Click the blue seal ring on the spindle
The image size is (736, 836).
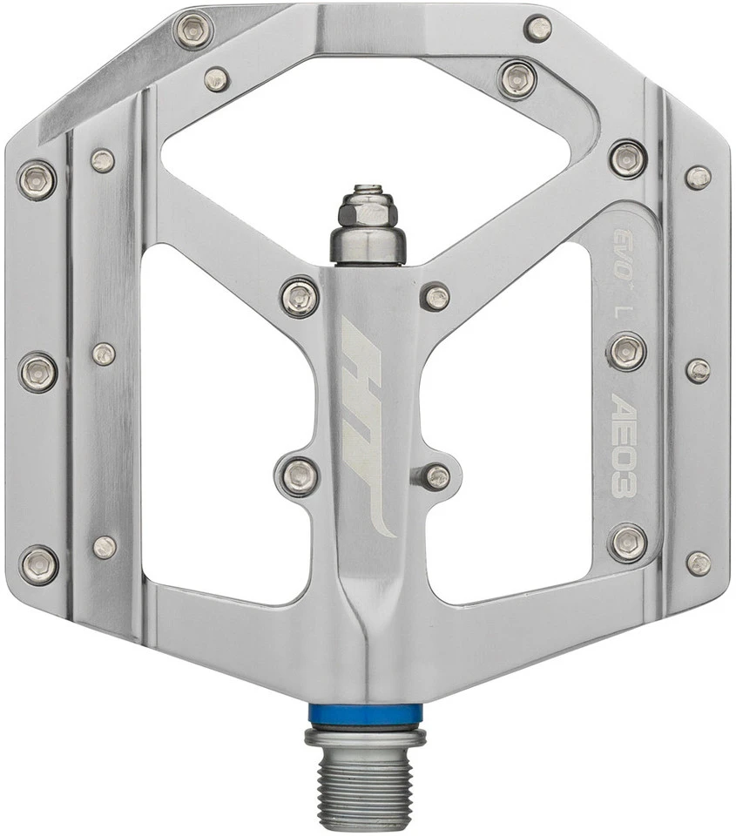click(365, 713)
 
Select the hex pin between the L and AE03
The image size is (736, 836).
click(626, 351)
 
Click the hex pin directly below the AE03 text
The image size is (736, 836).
click(627, 543)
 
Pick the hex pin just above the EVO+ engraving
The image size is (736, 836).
click(627, 158)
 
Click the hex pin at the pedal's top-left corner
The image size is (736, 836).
click(193, 31)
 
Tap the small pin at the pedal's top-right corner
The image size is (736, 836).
click(538, 28)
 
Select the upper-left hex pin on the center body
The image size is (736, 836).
click(300, 297)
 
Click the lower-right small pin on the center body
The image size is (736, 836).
click(436, 476)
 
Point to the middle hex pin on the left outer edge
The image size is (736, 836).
click(38, 372)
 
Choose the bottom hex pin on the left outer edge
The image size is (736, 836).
click(38, 564)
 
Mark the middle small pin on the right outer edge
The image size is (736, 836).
click(698, 370)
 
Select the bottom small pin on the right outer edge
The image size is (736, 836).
click(698, 563)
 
